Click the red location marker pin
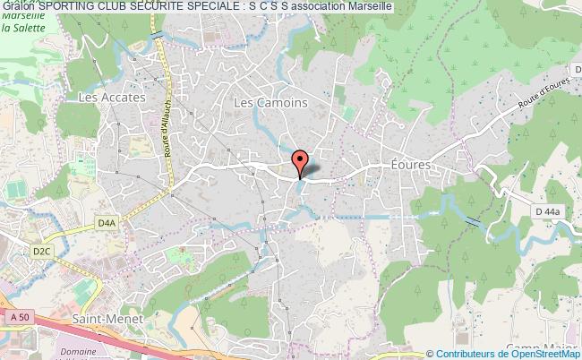click(300, 161)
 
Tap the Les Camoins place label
click(270, 103)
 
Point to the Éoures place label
click(412, 166)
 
